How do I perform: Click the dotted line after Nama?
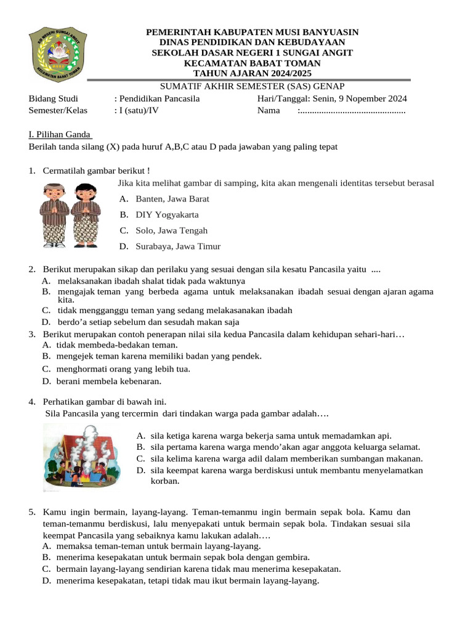point(352,111)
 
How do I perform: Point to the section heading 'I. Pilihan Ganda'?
point(60,135)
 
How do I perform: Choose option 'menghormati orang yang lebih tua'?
point(123,369)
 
